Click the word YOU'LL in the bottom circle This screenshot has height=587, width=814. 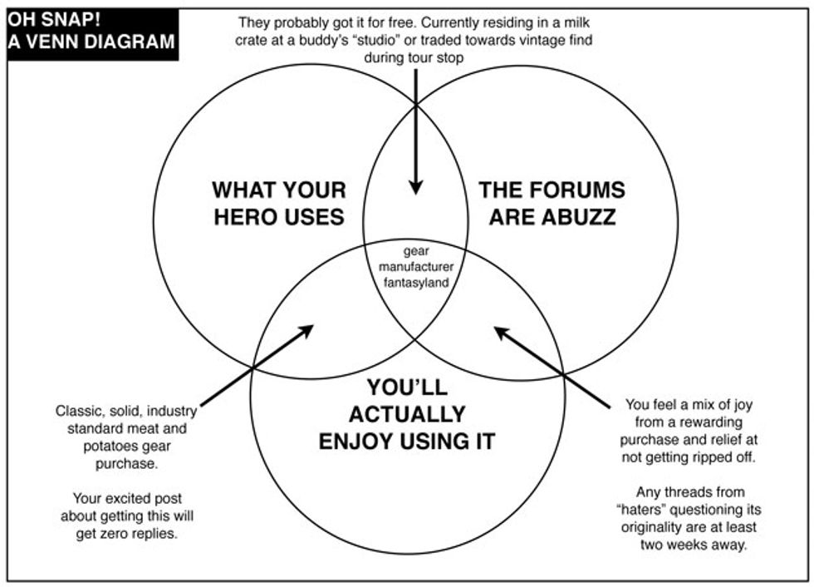[407, 387]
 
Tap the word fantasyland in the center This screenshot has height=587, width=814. [413, 281]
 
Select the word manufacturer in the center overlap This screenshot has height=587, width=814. [413, 266]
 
